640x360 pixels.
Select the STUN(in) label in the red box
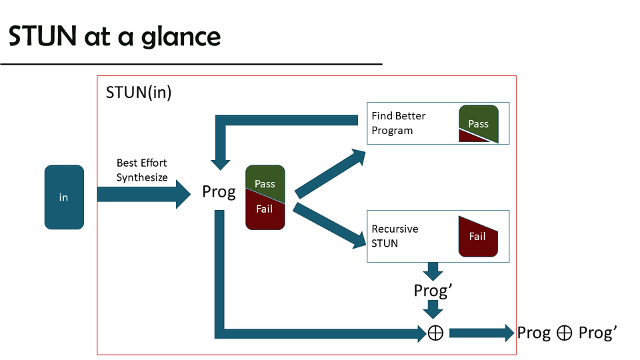coord(139,92)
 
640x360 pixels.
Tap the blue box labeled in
coord(64,197)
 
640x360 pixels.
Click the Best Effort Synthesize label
coord(142,170)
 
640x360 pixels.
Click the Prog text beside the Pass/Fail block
coord(219,193)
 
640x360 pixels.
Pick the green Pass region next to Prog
coord(264,181)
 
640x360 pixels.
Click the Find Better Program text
coord(399,123)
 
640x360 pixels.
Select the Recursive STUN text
coord(395,236)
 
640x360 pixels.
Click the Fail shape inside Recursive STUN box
coord(477,237)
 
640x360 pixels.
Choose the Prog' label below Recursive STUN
coord(434,290)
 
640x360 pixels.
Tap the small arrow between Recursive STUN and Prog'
coord(434,271)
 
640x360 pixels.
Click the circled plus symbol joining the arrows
coord(435,333)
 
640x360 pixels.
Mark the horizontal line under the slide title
coord(191,64)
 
